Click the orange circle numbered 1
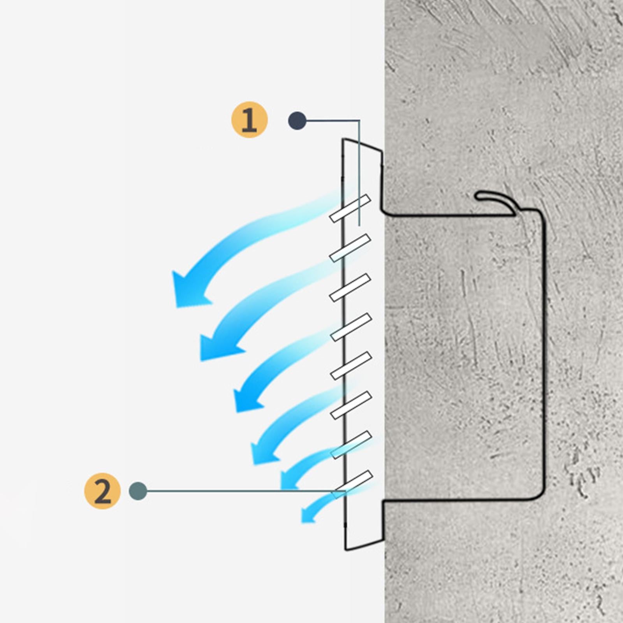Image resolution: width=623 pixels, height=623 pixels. coord(250,120)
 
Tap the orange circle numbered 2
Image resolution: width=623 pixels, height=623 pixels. coord(102,491)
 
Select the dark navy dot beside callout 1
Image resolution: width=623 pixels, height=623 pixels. coord(297,120)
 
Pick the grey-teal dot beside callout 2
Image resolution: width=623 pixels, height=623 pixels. coord(138,491)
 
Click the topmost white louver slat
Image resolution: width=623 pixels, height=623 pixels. coord(350,208)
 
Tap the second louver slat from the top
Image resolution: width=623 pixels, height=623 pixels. coord(350,248)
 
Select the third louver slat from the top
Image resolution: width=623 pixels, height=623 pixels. coord(350,288)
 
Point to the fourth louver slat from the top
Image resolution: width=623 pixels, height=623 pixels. coord(351,327)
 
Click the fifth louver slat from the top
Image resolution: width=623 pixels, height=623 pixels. coord(351,366)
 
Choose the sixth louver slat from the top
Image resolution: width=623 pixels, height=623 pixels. coord(351,405)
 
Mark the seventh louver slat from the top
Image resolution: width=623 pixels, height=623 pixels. coord(351,445)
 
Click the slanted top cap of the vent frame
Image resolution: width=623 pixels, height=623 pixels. coord(362,144)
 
